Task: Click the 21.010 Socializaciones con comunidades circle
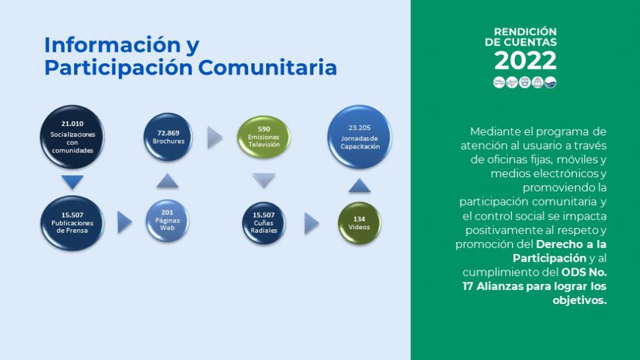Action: pos(72,137)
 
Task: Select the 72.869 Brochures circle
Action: pos(168,137)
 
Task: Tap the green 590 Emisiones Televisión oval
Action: pos(263,137)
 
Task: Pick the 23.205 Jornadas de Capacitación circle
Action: pos(359,137)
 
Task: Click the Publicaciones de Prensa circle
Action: pos(72,222)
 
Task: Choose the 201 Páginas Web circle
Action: pos(167,220)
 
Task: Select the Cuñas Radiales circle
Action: pos(263,222)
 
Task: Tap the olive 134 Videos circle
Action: pos(359,223)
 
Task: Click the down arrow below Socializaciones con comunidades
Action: pos(72,182)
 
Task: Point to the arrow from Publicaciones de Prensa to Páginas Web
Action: pos(125,222)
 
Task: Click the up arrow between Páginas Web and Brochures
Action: pos(167,181)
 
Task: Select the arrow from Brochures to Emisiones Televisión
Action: pos(215,138)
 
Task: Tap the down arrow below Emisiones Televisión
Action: pos(263,181)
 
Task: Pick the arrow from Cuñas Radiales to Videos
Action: pos(312,224)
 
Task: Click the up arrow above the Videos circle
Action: pos(360,185)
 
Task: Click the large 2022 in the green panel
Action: pos(525,61)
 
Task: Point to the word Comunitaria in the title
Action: pos(267,67)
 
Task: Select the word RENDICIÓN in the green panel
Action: pos(525,32)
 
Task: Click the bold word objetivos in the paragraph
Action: pos(579,301)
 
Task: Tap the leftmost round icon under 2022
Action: pos(499,82)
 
